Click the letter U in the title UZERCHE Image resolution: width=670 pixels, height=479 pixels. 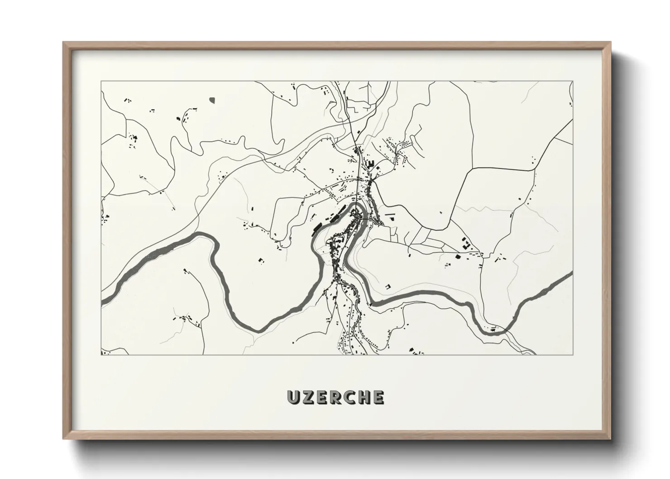(293, 397)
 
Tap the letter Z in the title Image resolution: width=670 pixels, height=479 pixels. (307, 397)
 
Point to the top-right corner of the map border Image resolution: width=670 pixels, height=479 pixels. (573, 81)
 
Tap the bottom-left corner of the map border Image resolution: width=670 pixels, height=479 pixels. (101, 354)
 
